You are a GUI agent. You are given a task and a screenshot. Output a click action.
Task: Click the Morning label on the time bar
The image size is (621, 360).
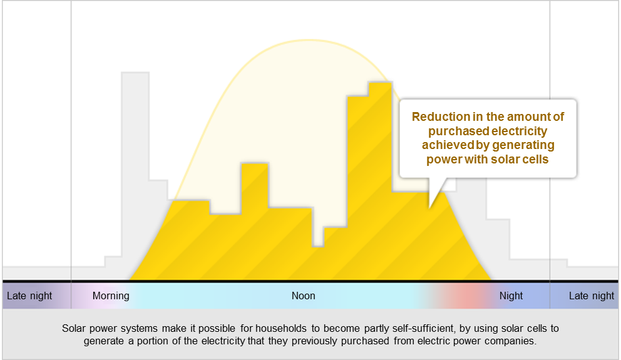tap(111, 296)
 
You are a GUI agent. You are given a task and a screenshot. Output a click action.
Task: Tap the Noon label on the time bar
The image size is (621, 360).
tap(304, 296)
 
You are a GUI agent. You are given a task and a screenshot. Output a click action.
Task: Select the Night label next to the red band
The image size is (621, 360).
tap(511, 296)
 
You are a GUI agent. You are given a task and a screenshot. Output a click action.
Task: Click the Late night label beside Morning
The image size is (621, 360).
tap(29, 296)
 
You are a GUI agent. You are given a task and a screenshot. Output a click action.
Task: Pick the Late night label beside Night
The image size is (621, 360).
tap(592, 296)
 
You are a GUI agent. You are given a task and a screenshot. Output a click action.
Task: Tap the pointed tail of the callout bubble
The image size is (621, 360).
tap(430, 207)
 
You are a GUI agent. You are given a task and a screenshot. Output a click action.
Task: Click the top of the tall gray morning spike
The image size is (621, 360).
tap(135, 73)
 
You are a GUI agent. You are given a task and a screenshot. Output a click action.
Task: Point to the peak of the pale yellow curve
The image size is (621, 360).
tap(309, 40)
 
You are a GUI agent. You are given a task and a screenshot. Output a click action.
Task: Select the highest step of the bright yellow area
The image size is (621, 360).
tap(380, 83)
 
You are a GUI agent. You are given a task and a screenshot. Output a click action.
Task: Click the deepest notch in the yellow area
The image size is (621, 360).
tap(318, 246)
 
